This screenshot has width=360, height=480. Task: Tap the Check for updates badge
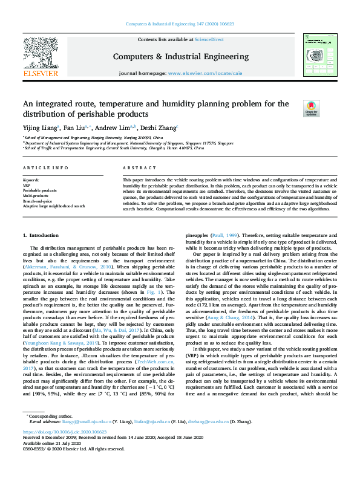[311, 108]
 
